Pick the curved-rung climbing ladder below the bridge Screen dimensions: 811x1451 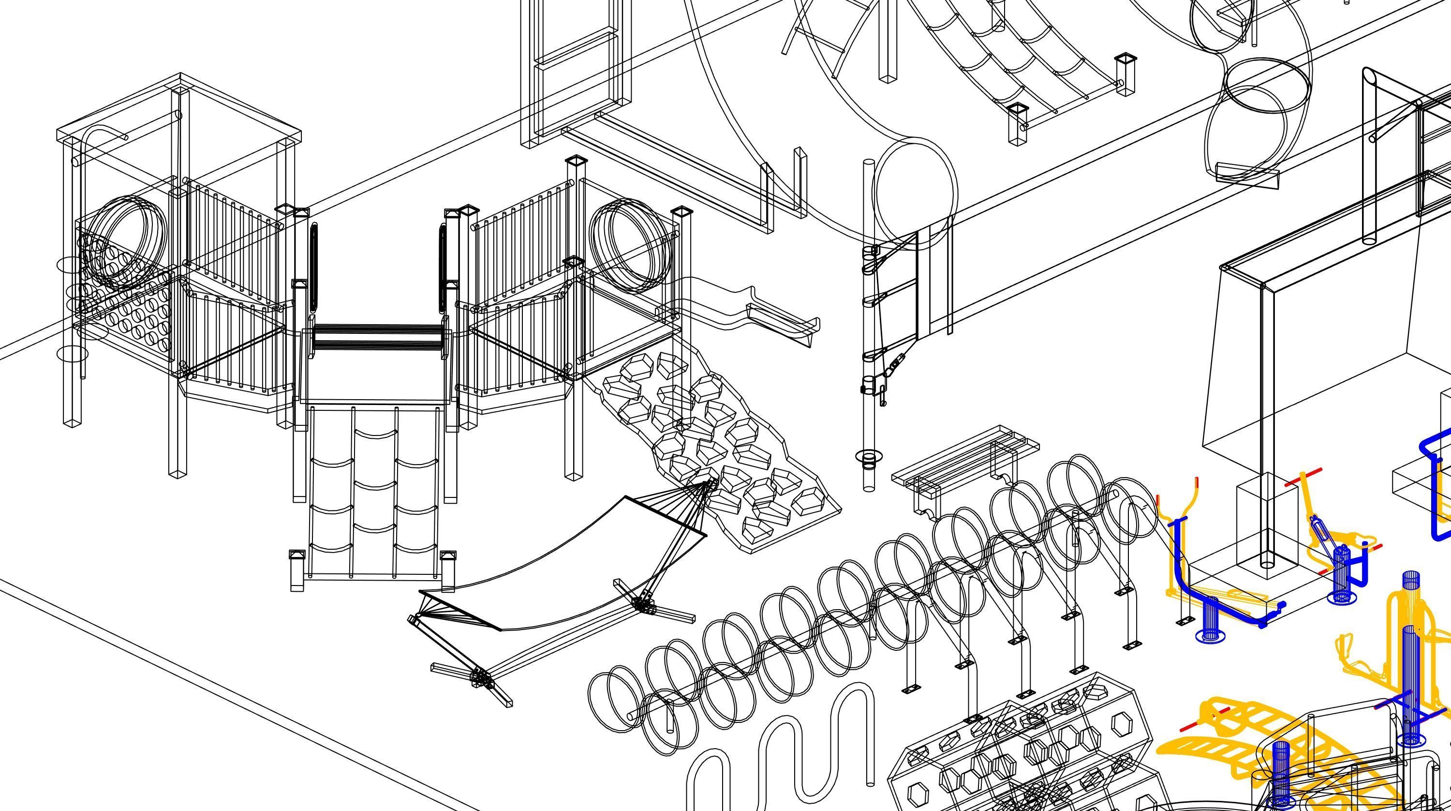pos(374,496)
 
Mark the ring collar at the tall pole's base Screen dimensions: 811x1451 pos(869,458)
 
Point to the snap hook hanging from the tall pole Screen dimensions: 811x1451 pos(896,363)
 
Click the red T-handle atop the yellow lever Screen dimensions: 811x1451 pos(1303,477)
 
